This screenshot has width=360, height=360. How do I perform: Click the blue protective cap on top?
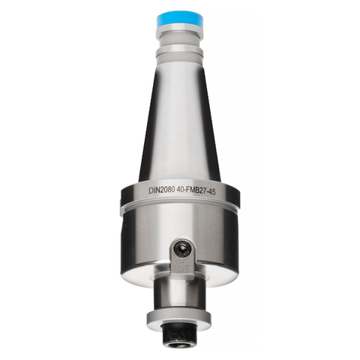tap(180, 19)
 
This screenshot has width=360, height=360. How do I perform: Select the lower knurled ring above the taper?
tap(180, 52)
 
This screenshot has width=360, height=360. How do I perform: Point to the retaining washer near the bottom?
tap(180, 313)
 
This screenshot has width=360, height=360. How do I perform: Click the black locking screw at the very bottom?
tap(180, 330)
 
